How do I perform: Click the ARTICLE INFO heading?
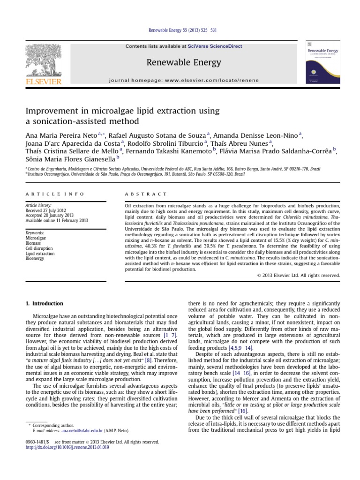55,194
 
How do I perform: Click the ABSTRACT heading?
145,194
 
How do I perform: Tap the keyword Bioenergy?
36,258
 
